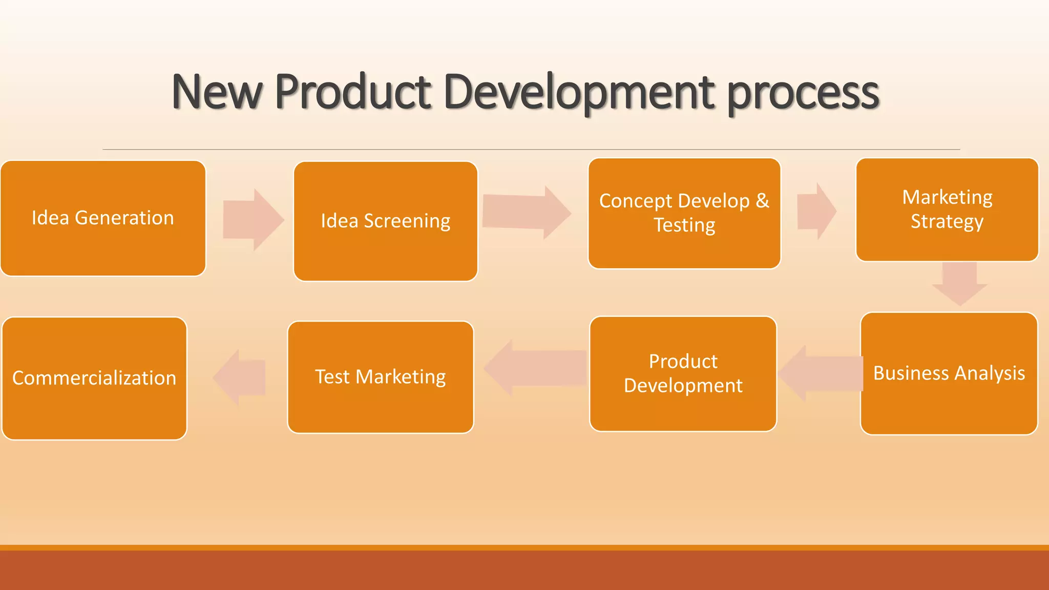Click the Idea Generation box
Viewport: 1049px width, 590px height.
[x=103, y=218]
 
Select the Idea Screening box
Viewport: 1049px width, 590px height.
[x=385, y=221]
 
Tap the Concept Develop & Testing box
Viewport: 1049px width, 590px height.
[x=684, y=213]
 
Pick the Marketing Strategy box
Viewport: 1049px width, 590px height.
[x=947, y=209]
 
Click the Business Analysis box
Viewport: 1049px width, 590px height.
[x=949, y=373]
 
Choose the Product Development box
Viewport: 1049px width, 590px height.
[x=683, y=373]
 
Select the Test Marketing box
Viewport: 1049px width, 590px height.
[x=380, y=377]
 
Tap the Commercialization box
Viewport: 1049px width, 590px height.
[x=94, y=378]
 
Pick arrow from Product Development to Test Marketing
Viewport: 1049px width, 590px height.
[x=535, y=368]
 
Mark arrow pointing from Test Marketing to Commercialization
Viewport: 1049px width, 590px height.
[x=240, y=378]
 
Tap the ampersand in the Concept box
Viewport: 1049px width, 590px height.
[x=762, y=201]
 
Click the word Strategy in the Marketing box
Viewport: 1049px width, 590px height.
[x=947, y=222]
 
